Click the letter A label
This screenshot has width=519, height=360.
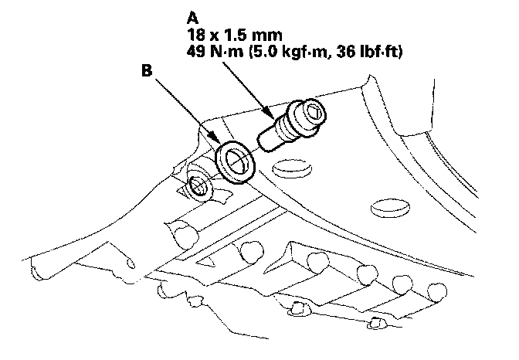coord(192,18)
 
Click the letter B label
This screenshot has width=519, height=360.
coord(147,70)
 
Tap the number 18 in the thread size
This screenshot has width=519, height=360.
coord(195,35)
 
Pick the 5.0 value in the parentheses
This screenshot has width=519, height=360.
coord(263,52)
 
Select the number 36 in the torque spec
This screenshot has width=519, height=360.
coord(345,52)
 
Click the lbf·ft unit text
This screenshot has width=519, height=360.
coord(381,52)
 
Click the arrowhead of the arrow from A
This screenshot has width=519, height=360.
coord(270,114)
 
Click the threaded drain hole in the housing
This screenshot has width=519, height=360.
coord(198,186)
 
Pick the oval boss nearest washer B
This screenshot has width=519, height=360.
coord(292,168)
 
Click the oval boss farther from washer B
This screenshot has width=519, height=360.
coord(390,208)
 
